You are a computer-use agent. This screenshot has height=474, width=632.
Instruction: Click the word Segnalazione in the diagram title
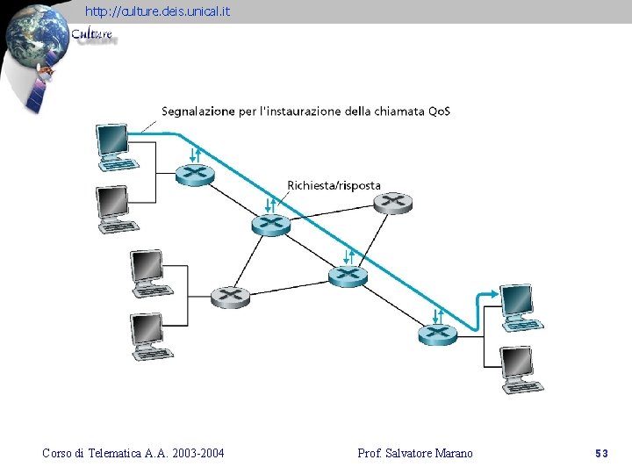[x=198, y=111]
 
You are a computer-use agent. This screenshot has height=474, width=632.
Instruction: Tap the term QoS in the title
[x=439, y=111]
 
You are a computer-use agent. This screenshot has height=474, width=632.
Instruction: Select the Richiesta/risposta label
[x=334, y=185]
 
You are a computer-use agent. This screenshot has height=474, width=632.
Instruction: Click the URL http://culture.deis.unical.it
[x=158, y=11]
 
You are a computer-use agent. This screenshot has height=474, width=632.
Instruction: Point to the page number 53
[x=601, y=453]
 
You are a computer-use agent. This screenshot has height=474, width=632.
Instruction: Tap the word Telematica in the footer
[x=112, y=453]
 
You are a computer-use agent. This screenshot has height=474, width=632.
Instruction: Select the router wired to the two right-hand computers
[x=438, y=334]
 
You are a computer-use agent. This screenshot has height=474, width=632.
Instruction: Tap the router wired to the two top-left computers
[x=194, y=174]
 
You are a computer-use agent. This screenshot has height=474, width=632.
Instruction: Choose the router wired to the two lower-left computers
[x=230, y=296]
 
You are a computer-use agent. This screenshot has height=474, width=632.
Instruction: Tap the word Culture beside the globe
[x=92, y=35]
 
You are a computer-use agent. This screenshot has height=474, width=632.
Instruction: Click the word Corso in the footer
[x=58, y=453]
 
